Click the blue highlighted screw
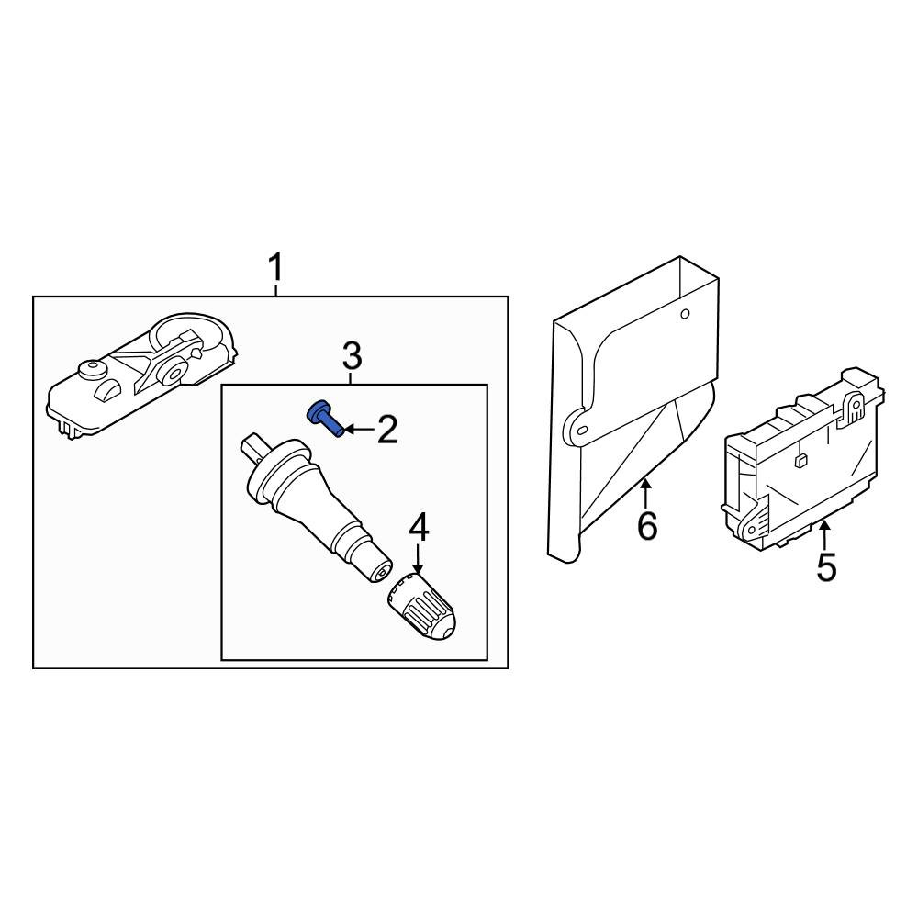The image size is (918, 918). tap(325, 418)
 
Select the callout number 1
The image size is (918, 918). tap(275, 267)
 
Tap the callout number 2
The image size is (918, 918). tap(387, 429)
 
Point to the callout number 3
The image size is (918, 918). tap(352, 355)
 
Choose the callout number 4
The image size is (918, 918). tap(419, 527)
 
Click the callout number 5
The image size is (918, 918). tap(826, 566)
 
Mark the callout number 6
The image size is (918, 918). tap(647, 525)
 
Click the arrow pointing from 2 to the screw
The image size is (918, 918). tap(360, 430)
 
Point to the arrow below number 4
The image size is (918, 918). tap(417, 559)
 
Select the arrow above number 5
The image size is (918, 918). tap(824, 535)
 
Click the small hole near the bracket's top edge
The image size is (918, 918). tap(685, 314)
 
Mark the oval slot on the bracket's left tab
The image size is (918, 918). tap(581, 431)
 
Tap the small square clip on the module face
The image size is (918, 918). tap(800, 461)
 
